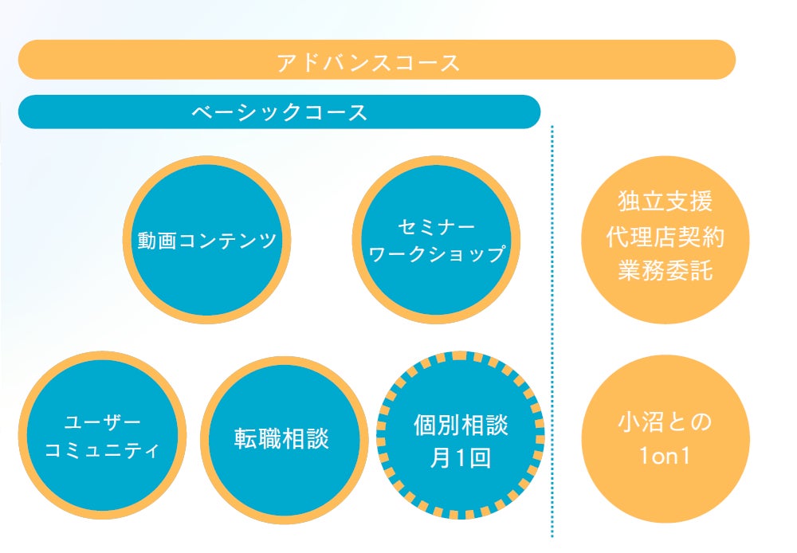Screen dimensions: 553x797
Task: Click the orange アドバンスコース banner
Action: point(376,61)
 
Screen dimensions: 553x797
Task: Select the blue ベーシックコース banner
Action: point(279,112)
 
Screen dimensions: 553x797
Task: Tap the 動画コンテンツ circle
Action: point(207,240)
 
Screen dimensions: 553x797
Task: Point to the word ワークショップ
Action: point(436,254)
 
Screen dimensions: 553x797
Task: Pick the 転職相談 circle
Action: point(281,439)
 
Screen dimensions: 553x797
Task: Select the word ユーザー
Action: point(102,422)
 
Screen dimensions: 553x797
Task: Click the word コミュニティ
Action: point(102,450)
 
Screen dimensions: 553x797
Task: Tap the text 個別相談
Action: point(461,425)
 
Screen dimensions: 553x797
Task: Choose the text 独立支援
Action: point(665,202)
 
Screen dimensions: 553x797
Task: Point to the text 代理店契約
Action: point(665,237)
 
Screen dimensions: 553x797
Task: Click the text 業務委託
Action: point(665,272)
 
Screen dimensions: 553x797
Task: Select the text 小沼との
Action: point(665,422)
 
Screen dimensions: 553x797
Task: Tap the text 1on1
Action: point(665,457)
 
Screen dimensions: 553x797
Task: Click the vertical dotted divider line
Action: point(552,335)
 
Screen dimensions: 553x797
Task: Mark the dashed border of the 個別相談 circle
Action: point(460,356)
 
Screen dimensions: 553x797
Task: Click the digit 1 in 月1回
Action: point(460,460)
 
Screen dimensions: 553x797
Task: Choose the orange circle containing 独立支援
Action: point(665,303)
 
